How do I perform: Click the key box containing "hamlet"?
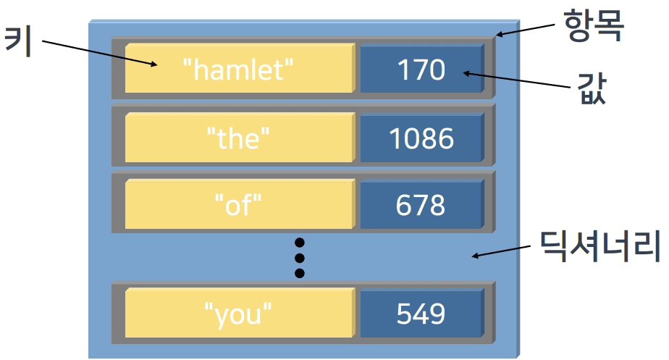[240, 68]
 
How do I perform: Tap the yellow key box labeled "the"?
[240, 138]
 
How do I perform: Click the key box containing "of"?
[240, 204]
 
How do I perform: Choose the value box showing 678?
[422, 204]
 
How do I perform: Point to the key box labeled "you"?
[240, 313]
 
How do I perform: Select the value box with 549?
[422, 313]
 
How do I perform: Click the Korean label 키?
[18, 42]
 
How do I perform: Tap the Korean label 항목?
[594, 25]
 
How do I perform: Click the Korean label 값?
[592, 88]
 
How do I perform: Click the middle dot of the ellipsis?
[300, 258]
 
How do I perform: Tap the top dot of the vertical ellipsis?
[300, 243]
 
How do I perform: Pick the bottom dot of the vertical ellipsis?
[300, 273]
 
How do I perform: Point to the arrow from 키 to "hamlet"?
[100, 54]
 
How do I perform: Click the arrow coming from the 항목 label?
[525, 30]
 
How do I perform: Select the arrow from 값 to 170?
[517, 80]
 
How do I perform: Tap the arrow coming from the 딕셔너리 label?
[501, 251]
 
